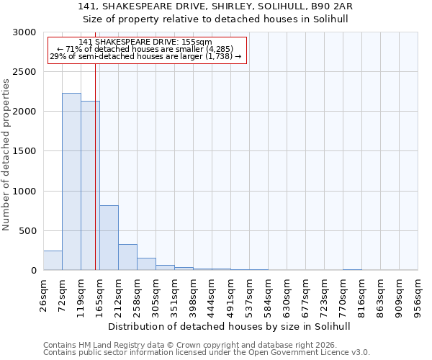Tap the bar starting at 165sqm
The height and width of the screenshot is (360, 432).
point(109,238)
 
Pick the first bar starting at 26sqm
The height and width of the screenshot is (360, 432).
point(53,261)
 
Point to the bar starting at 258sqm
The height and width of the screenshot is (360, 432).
point(146,264)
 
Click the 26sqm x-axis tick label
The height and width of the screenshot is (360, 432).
point(44,293)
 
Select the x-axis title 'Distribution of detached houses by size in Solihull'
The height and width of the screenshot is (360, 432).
point(230,326)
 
